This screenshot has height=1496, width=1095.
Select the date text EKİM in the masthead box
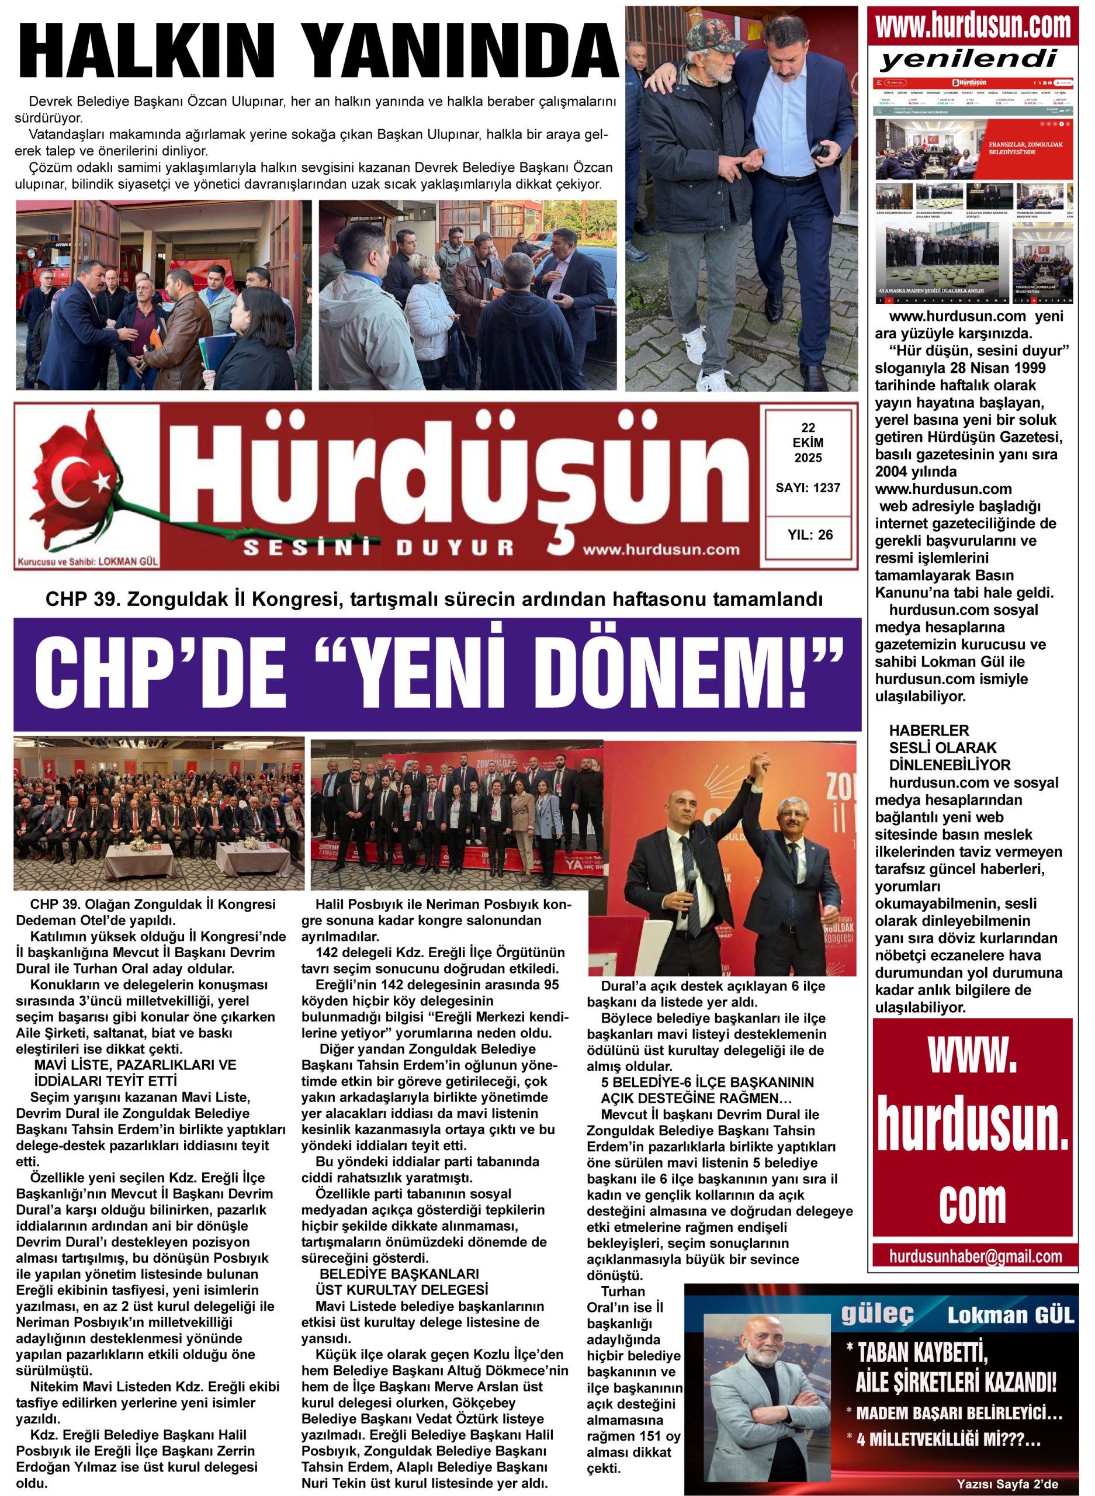(808, 443)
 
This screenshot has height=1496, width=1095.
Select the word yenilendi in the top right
(968, 60)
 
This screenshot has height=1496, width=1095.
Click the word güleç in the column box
(878, 1314)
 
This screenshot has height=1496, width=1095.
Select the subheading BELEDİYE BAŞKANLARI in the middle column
(399, 1274)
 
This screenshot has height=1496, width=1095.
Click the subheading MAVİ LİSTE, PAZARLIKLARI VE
(134, 1065)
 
